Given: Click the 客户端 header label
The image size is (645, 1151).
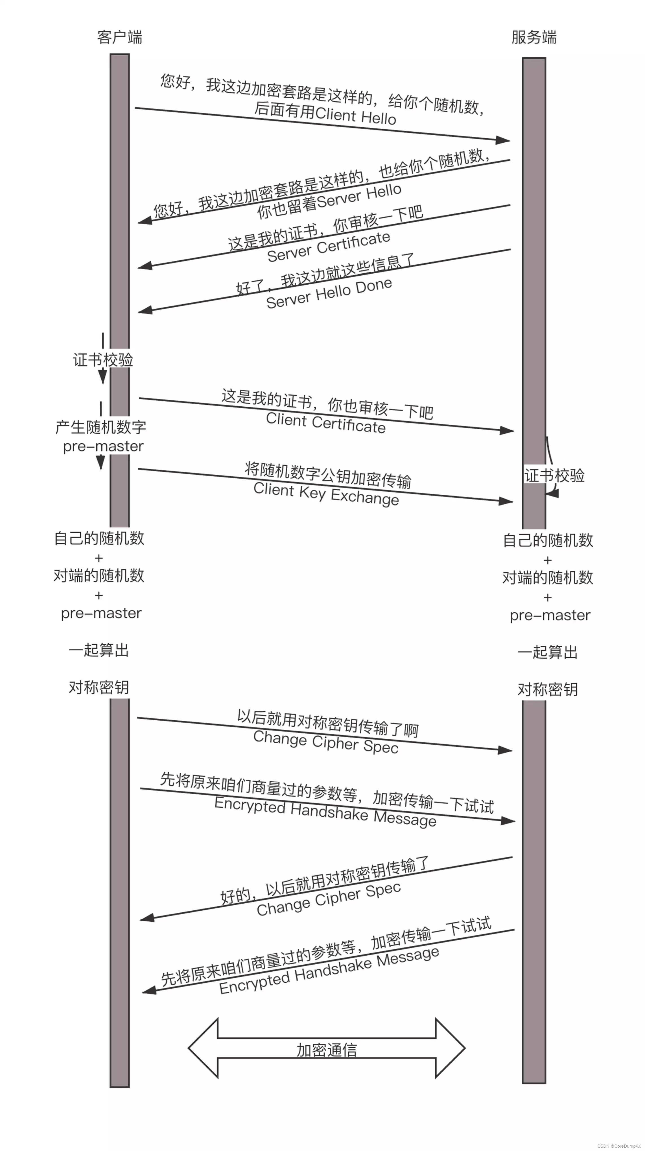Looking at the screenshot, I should pyautogui.click(x=119, y=37).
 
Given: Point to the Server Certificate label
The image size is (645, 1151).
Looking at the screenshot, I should pyautogui.click(x=329, y=246).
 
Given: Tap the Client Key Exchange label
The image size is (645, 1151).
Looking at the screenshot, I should pyautogui.click(x=326, y=494).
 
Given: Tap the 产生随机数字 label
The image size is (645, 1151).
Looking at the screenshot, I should pyautogui.click(x=101, y=427).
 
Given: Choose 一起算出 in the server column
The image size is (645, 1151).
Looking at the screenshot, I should pyautogui.click(x=548, y=652).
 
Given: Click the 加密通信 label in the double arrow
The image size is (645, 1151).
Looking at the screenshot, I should pyautogui.click(x=327, y=1050).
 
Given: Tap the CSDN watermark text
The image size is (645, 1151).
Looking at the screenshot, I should pyautogui.click(x=619, y=1146).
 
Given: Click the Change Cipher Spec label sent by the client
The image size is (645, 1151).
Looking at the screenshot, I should pyautogui.click(x=326, y=742).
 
